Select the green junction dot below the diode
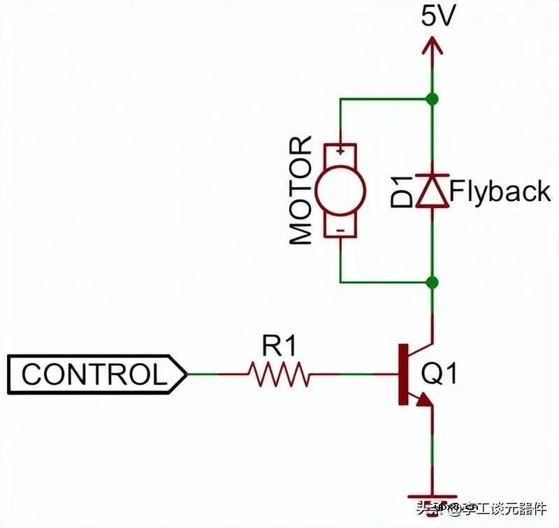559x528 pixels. pyautogui.click(x=433, y=282)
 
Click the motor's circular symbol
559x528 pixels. pyautogui.click(x=340, y=189)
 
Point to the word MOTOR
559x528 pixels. pyautogui.click(x=300, y=190)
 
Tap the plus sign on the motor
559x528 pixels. pyautogui.click(x=340, y=150)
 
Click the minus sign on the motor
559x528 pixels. pyautogui.click(x=340, y=229)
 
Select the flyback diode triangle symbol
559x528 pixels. pyautogui.click(x=433, y=191)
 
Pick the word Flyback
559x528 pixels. pyautogui.click(x=500, y=191)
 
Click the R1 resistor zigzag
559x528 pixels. pyautogui.click(x=279, y=374)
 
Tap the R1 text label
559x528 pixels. pyautogui.click(x=279, y=345)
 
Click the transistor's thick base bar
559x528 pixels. pyautogui.click(x=403, y=374)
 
